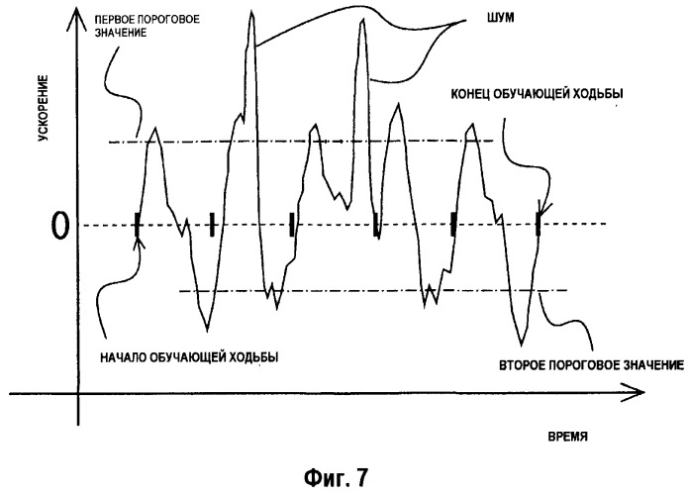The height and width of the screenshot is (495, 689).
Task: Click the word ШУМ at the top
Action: [x=501, y=18]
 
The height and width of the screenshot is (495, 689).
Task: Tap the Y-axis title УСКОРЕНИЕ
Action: [x=43, y=109]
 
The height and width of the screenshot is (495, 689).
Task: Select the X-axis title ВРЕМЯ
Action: [x=567, y=437]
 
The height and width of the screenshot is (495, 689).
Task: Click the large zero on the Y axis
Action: [x=60, y=226]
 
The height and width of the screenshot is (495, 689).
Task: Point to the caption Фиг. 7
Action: [x=337, y=477]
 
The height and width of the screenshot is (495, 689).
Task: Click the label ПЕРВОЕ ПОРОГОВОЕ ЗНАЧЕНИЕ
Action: [x=148, y=26]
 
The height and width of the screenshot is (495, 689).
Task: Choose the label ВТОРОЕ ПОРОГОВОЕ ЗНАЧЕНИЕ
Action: [x=591, y=365]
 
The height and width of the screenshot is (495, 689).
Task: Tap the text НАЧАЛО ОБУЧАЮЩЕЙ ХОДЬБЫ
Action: [x=189, y=357]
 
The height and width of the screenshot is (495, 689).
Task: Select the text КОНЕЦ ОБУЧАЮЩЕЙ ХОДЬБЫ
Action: [x=537, y=94]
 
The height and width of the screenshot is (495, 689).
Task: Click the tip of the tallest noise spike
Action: [x=251, y=12]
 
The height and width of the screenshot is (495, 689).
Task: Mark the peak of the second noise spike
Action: [x=362, y=19]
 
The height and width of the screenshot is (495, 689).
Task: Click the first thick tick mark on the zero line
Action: [x=137, y=225]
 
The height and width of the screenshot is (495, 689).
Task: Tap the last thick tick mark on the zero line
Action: [x=538, y=224]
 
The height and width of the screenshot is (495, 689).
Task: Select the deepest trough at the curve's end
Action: [x=522, y=345]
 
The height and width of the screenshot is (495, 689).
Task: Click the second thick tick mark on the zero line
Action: [x=212, y=225]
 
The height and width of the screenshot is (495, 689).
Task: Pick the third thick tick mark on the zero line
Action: [x=292, y=225]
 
